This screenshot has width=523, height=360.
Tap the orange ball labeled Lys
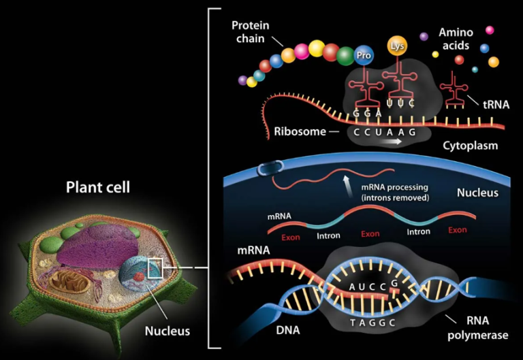coord(396,46)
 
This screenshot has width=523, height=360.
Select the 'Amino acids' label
coord(456,38)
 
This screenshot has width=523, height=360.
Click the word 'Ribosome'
coord(301,131)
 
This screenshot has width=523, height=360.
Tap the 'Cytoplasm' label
coord(470,146)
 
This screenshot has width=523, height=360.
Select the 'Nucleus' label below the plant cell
coord(167,331)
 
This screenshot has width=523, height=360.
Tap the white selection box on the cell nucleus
coord(156,269)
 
